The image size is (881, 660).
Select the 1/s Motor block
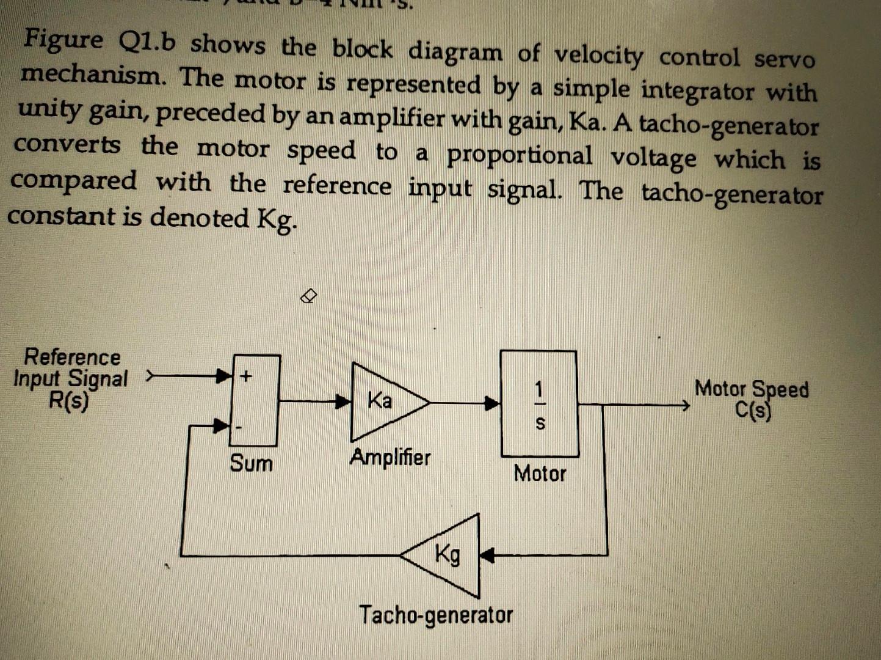point(539,404)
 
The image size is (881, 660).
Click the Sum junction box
point(255,400)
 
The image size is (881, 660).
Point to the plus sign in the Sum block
point(245,376)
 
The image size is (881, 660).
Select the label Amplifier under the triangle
point(390,457)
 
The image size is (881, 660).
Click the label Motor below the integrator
point(540,473)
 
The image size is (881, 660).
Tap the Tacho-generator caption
point(436,615)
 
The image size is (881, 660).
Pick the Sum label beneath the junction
point(251,463)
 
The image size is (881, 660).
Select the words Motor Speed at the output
point(752,389)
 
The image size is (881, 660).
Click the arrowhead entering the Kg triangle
point(487,555)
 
